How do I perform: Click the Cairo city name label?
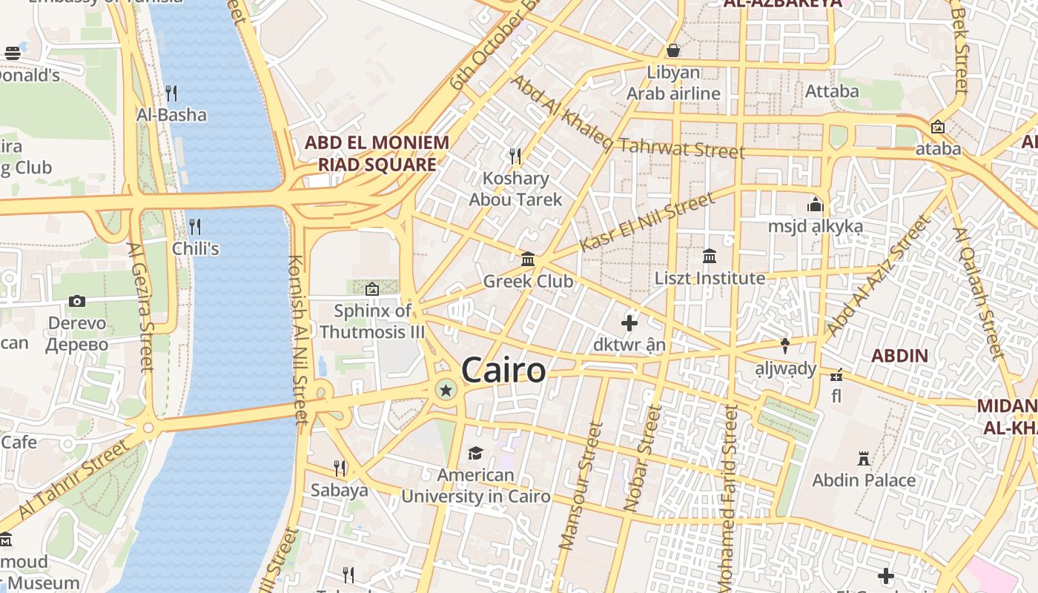coord(504,370)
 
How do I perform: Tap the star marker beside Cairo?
coord(446,390)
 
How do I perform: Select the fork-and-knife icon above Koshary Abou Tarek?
coord(515,156)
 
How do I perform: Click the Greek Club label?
coord(528,282)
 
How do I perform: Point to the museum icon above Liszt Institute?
coord(710,256)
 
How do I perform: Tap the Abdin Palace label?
coord(864,480)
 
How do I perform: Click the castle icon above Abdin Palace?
coord(864,459)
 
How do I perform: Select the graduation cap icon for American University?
coord(475,453)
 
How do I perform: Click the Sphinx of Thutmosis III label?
coord(372,321)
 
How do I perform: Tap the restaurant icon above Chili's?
coord(195,226)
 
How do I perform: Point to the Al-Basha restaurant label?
coord(171,115)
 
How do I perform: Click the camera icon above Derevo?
coord(77,301)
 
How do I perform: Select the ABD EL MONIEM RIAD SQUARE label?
coord(377,153)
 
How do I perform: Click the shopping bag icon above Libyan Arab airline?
coord(673,50)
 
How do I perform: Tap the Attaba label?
coord(832,91)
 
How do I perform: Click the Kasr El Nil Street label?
coord(647,221)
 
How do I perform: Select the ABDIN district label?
coord(899,355)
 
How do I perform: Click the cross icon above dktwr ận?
coord(629,323)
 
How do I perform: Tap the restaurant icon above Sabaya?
coord(340,468)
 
